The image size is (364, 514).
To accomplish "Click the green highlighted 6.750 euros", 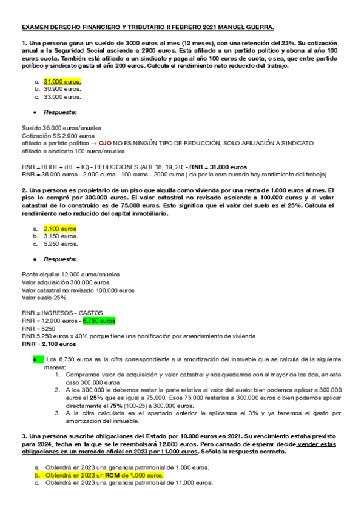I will click(x=99, y=320).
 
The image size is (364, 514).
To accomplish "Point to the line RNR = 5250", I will click(x=38, y=328).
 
